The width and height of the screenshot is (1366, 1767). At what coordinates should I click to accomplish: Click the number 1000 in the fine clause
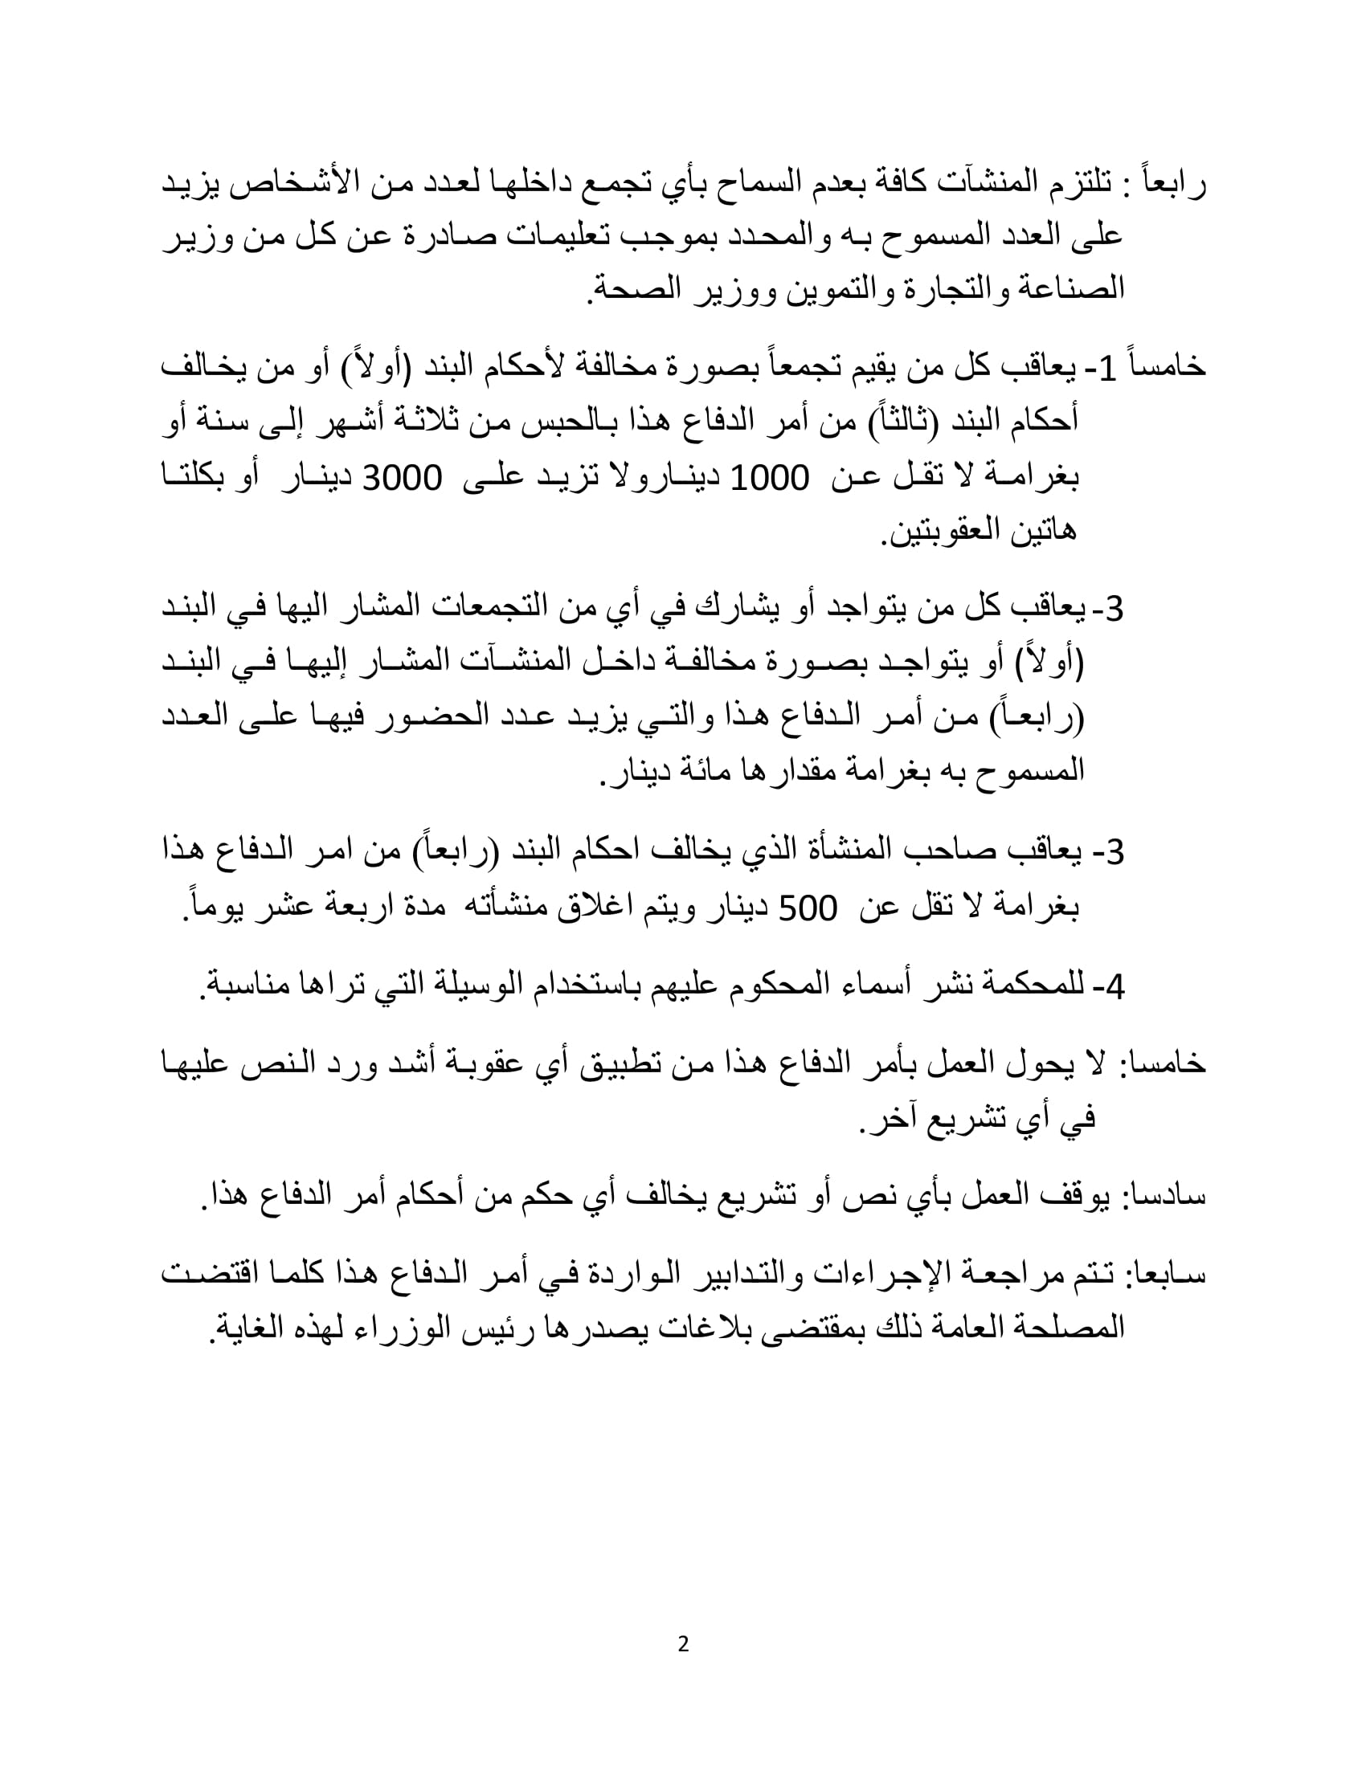pos(770,479)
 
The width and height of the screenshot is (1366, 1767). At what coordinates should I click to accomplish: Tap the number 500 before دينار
pos(807,910)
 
